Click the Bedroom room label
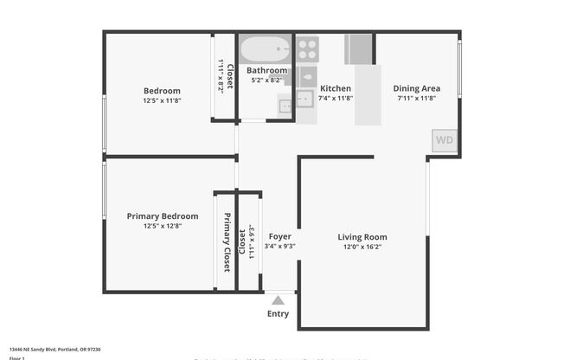(x=162, y=91)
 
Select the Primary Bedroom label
(x=163, y=216)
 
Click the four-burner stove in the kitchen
(x=307, y=48)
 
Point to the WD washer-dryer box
(x=445, y=140)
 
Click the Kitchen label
(x=336, y=88)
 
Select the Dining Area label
(x=417, y=88)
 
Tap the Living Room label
(x=362, y=236)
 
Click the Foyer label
(x=280, y=236)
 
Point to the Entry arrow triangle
(x=279, y=299)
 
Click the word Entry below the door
(x=279, y=314)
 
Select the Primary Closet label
(x=228, y=242)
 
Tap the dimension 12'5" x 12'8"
(x=163, y=227)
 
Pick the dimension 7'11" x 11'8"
(x=417, y=99)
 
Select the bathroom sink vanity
(x=286, y=104)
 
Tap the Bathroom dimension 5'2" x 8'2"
(x=266, y=80)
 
